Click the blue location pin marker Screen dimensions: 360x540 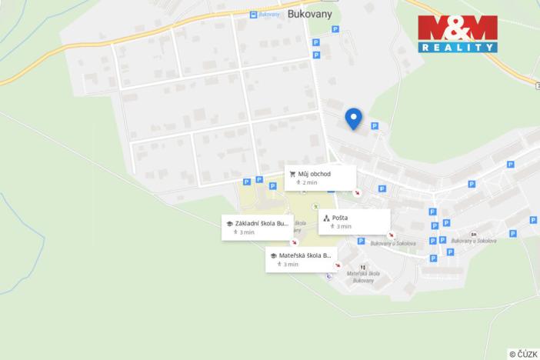353,118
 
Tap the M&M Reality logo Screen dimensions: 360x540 457,33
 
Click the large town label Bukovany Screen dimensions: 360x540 310,15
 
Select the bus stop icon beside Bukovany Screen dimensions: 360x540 253,15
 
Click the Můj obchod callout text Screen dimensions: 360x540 315,174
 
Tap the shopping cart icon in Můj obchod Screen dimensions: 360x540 292,174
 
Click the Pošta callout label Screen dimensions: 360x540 341,218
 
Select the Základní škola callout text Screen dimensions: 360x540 262,223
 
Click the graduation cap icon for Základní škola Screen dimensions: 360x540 229,223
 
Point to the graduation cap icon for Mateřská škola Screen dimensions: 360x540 273,255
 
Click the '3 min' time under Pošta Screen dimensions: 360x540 343,227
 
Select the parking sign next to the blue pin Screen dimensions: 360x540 375,126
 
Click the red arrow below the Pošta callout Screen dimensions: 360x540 391,235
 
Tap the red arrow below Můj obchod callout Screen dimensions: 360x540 356,192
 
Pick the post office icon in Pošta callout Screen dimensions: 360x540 326,218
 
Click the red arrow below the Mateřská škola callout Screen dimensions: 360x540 338,266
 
